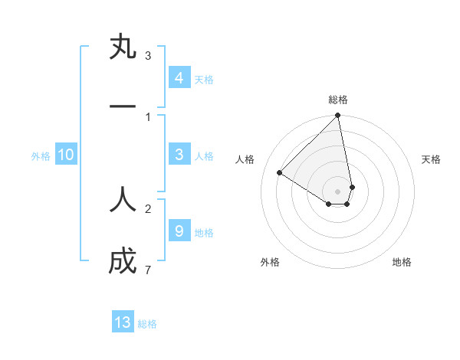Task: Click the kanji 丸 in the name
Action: [123, 47]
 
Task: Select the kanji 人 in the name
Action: [123, 201]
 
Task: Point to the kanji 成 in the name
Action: [123, 263]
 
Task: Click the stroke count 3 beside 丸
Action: [148, 55]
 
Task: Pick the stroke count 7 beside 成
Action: [148, 270]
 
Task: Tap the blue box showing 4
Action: [179, 78]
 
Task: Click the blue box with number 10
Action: [66, 155]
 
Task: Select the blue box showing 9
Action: [179, 231]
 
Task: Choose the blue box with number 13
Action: [123, 322]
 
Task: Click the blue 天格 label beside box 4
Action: [204, 79]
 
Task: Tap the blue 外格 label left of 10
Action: [41, 155]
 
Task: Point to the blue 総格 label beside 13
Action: [147, 323]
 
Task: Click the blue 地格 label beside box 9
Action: [204, 231]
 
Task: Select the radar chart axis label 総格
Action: [338, 100]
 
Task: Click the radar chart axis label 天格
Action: [432, 159]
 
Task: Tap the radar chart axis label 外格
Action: [270, 262]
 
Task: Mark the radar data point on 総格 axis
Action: [338, 116]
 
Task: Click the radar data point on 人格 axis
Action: [280, 173]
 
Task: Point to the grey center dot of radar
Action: [338, 191]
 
